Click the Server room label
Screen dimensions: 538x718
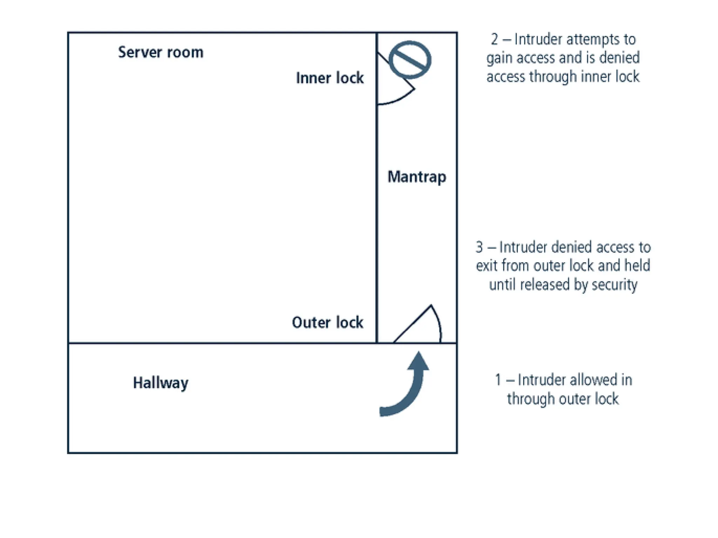[161, 52]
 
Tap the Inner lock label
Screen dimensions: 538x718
[330, 78]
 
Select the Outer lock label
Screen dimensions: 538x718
[327, 323]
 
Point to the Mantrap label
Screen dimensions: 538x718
[416, 177]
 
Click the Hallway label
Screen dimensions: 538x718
[161, 382]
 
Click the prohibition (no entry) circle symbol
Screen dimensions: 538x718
[410, 60]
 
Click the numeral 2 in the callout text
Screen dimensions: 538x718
[494, 39]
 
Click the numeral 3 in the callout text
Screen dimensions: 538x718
[479, 247]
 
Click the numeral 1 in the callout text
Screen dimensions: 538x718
[498, 380]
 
